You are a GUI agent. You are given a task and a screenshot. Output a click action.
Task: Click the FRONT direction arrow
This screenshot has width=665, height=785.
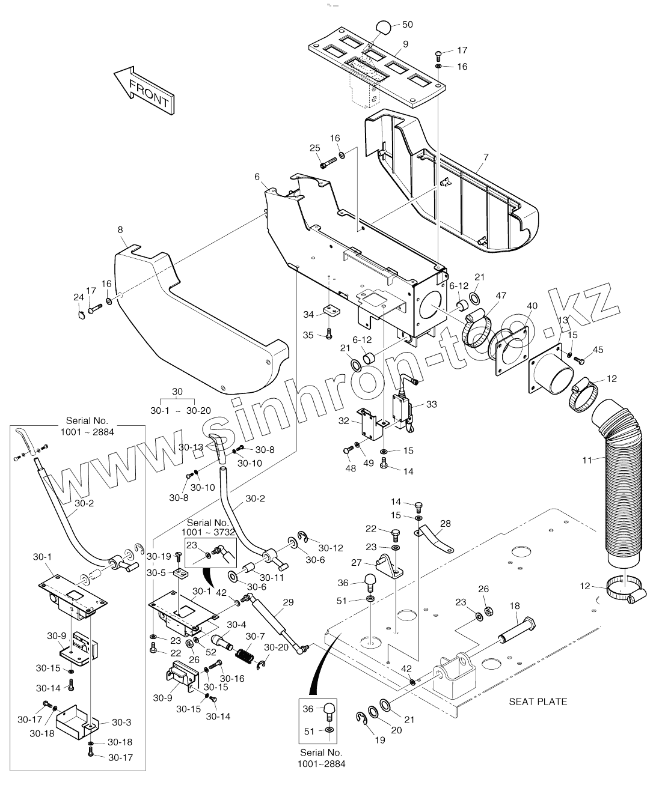click(x=143, y=91)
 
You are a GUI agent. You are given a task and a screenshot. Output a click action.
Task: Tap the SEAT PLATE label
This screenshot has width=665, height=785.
click(x=538, y=701)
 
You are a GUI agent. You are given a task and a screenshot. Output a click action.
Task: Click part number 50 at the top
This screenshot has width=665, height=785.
click(x=407, y=25)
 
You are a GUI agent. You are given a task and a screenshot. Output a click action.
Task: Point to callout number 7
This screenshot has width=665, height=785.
click(x=486, y=157)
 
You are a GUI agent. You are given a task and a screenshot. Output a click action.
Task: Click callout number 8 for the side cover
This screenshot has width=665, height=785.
click(x=120, y=229)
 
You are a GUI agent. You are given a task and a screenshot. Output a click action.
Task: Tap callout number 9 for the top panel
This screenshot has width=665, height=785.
click(x=405, y=44)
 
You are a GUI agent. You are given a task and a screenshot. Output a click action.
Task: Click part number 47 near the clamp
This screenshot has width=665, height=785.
click(x=501, y=296)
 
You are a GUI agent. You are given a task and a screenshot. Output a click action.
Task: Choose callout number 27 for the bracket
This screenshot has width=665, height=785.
click(x=356, y=563)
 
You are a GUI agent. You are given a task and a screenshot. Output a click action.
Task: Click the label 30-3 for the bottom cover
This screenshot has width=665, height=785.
click(x=121, y=723)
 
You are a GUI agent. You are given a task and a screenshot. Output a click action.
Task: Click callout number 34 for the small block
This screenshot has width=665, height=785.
click(x=308, y=315)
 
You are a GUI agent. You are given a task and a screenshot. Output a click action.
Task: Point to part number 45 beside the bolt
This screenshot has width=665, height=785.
click(x=598, y=350)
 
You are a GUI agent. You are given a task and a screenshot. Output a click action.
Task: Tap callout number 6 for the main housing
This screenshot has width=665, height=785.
click(x=257, y=177)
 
